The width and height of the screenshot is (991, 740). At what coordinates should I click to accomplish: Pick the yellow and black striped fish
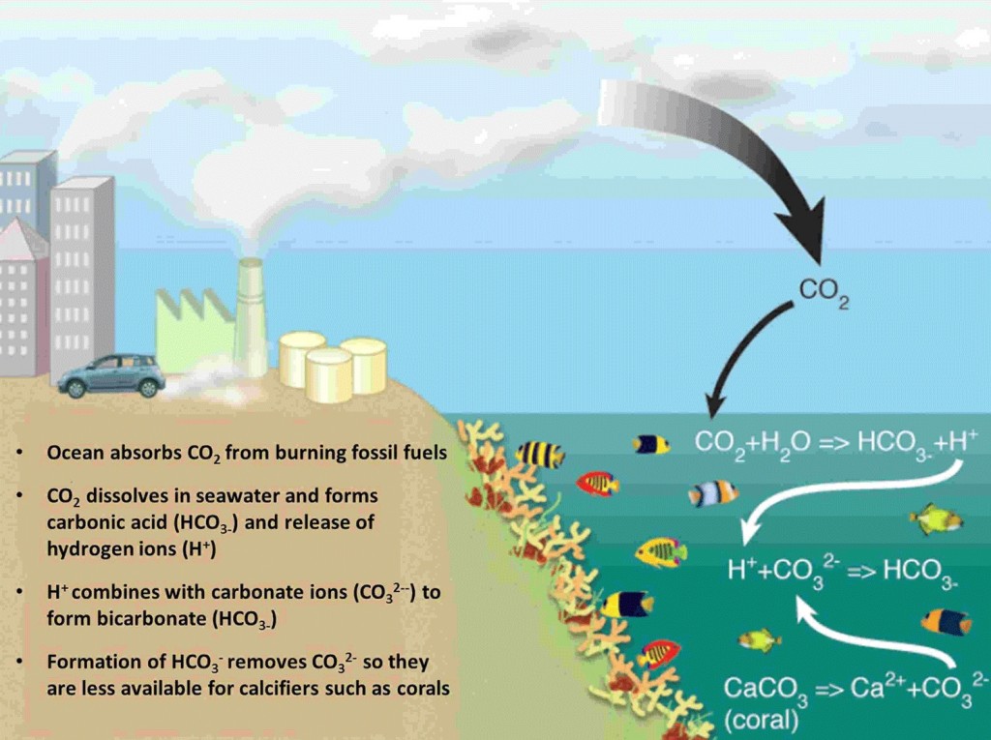click(x=539, y=455)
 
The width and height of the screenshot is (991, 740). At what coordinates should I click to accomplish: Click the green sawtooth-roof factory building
click(x=194, y=329)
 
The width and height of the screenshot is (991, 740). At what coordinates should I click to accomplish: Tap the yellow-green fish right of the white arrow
click(x=937, y=520)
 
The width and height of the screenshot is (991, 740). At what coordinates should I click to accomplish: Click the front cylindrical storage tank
click(x=329, y=375)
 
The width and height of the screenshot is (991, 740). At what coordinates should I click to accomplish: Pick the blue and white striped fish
click(x=713, y=494)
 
